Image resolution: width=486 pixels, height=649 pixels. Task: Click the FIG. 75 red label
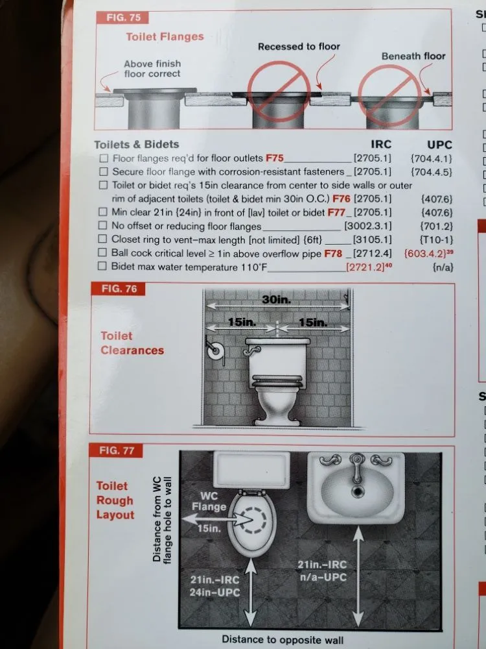point(122,18)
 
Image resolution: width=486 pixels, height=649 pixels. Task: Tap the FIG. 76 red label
point(119,289)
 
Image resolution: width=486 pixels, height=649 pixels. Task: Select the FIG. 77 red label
point(116,450)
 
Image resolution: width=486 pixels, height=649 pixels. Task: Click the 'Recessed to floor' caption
point(299,46)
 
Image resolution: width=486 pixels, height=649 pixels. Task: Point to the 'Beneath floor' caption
point(413,56)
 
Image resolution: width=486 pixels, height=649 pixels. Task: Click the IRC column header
point(380,144)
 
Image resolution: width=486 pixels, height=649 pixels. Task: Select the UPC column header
point(439,145)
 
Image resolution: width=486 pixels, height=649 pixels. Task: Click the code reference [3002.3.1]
point(368,226)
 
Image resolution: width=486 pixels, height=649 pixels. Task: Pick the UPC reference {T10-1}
point(436,239)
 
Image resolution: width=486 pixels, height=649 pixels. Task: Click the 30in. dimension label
point(277,299)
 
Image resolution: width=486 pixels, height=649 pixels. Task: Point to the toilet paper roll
point(215,352)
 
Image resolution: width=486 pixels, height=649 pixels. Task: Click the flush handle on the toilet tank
point(251,351)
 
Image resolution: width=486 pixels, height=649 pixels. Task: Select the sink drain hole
point(358,492)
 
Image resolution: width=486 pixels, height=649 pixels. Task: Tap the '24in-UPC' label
point(214,593)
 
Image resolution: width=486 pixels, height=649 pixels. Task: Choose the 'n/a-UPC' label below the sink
point(323,577)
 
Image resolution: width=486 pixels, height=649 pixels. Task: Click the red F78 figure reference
point(333,253)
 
